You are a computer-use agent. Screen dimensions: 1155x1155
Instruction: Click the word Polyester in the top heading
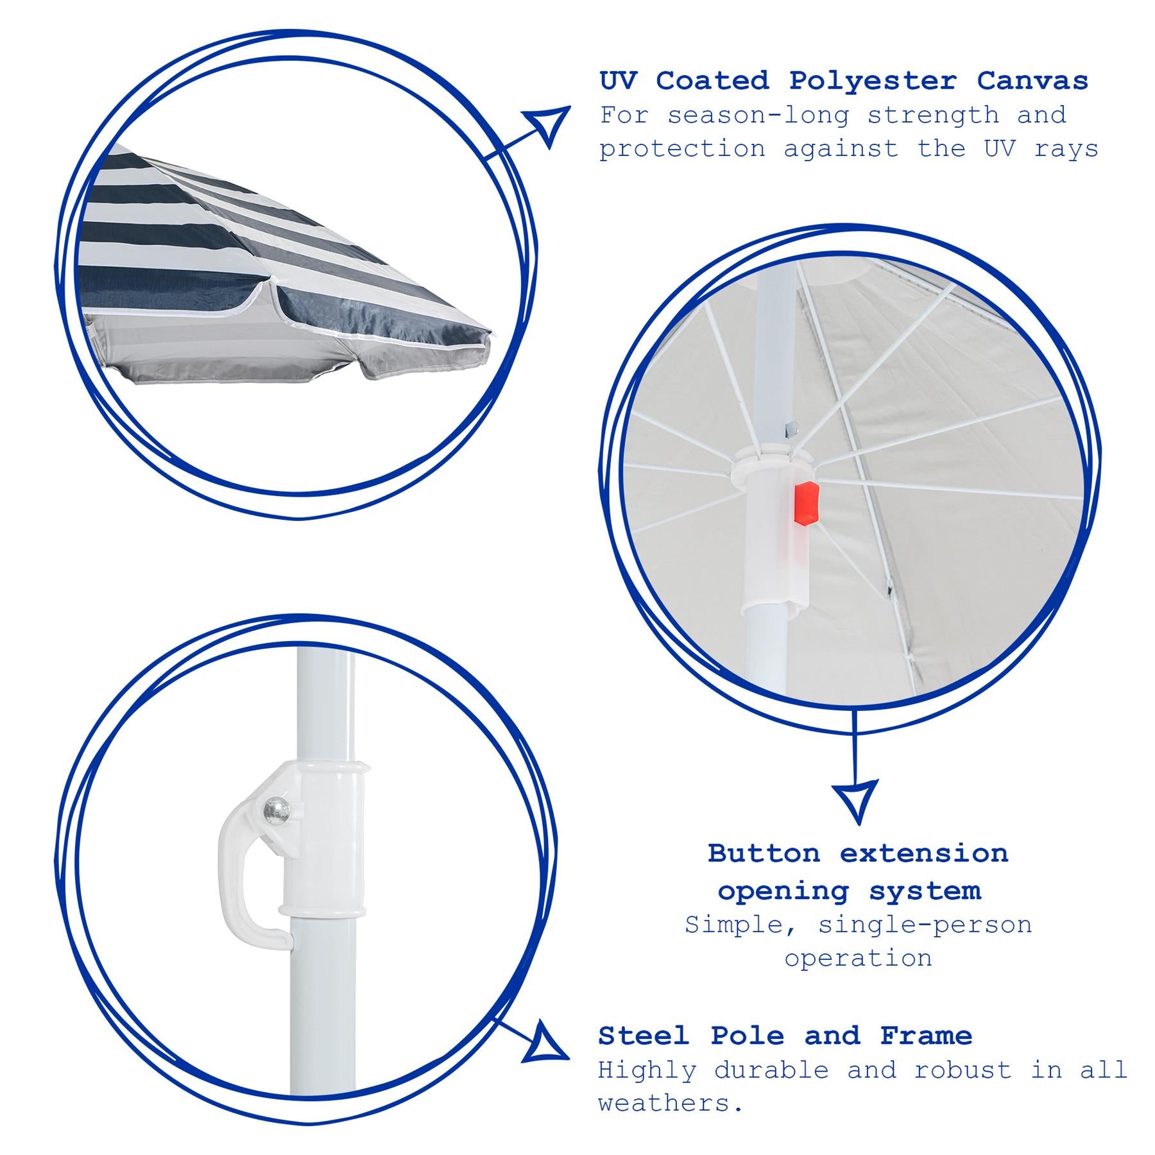(x=873, y=81)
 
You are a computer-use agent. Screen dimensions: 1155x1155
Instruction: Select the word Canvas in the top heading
(x=1032, y=81)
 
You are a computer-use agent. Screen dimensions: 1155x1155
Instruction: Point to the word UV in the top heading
(x=618, y=81)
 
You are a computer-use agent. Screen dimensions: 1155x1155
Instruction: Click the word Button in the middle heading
(x=764, y=853)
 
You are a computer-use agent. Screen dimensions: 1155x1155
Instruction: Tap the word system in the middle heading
(x=925, y=891)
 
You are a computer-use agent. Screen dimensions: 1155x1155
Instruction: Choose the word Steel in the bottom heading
(x=644, y=1036)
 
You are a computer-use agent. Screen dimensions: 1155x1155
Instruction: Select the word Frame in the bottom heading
(x=926, y=1036)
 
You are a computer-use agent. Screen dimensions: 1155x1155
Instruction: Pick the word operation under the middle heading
(x=858, y=958)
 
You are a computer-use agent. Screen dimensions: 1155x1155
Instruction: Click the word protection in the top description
(x=683, y=150)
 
